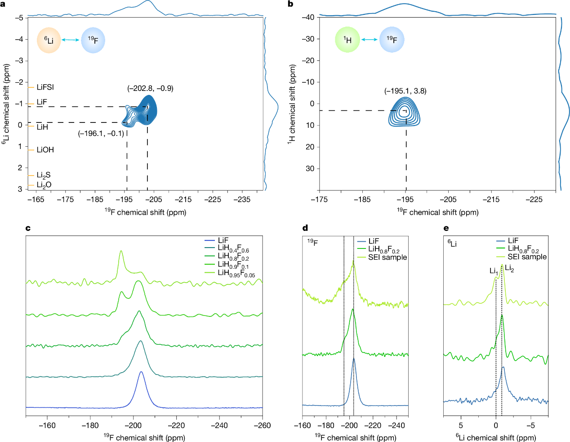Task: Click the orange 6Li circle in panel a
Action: (x=49, y=41)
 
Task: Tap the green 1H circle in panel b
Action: (x=347, y=40)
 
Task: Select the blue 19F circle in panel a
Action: (x=93, y=41)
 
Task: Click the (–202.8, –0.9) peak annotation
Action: (x=150, y=88)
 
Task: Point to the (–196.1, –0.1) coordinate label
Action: (x=101, y=133)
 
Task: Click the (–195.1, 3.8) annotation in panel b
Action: (x=405, y=91)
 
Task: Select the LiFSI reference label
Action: (x=45, y=87)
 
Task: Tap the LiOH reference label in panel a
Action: (x=45, y=150)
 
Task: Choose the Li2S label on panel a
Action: (x=44, y=175)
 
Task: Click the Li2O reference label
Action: (x=44, y=185)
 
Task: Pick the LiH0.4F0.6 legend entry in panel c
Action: (x=233, y=248)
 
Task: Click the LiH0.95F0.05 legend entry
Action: (x=236, y=273)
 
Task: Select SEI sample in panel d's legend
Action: (x=387, y=257)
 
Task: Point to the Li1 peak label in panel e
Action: (x=494, y=271)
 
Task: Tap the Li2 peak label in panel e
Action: (x=509, y=268)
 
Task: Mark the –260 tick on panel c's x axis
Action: (x=262, y=425)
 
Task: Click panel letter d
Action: (x=305, y=228)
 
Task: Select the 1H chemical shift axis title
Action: (x=293, y=104)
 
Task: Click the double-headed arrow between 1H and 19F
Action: (x=370, y=40)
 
